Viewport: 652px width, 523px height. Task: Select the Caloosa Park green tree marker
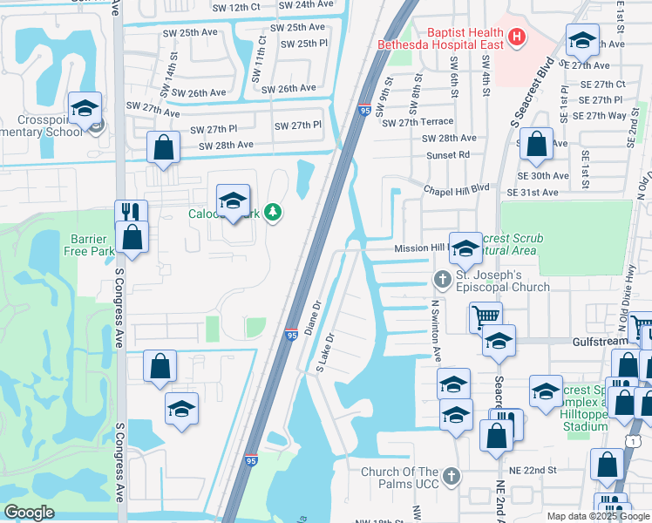click(x=274, y=213)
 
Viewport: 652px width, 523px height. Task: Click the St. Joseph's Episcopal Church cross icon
click(x=442, y=279)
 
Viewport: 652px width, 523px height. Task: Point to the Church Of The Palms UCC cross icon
click(x=451, y=475)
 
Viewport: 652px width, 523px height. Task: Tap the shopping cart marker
click(x=486, y=317)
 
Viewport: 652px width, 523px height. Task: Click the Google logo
click(x=30, y=513)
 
